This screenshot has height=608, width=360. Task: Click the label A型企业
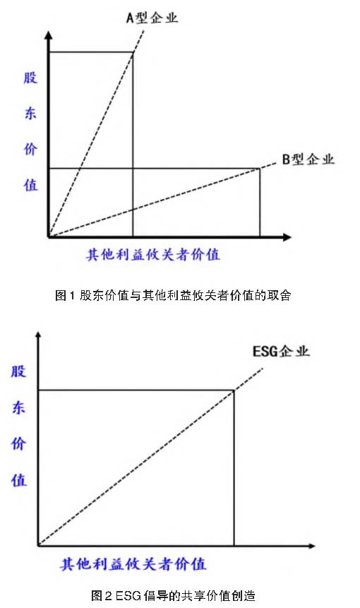coord(152,18)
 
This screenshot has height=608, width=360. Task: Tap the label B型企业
coord(308,159)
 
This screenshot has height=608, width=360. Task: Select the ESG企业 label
coord(281,351)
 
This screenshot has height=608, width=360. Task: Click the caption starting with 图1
coord(173,295)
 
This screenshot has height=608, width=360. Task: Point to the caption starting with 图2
coord(173,595)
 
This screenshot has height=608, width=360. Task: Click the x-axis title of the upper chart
coord(152,254)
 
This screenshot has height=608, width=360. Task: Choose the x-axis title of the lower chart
coord(133,564)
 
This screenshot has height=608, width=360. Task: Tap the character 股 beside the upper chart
coord(30,78)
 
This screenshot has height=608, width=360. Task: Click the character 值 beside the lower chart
coord(18,480)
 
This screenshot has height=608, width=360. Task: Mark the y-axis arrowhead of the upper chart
coord(49,35)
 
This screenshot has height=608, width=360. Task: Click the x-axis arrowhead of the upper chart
coord(287,237)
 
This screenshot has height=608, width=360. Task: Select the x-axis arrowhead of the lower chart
coord(311,546)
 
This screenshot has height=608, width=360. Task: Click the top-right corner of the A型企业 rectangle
coord(133,52)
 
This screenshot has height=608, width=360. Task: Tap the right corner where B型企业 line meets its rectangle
coord(260,168)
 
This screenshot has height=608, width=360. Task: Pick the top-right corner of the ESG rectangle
coord(234,390)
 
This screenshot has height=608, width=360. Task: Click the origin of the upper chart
coord(49,237)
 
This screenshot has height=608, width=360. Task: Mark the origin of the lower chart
coord(38,546)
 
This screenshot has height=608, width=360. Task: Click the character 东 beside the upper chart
coord(30,113)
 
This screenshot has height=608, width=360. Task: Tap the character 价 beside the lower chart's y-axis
coord(18,443)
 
